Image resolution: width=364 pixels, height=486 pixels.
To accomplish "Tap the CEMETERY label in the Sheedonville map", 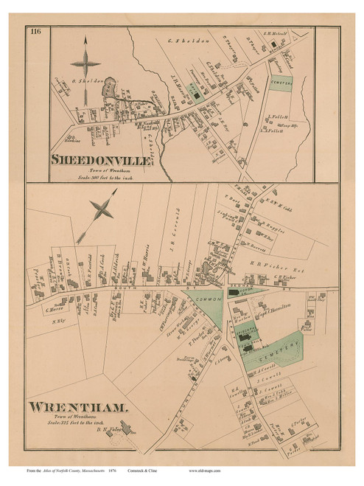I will pyautogui.click(x=279, y=85).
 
